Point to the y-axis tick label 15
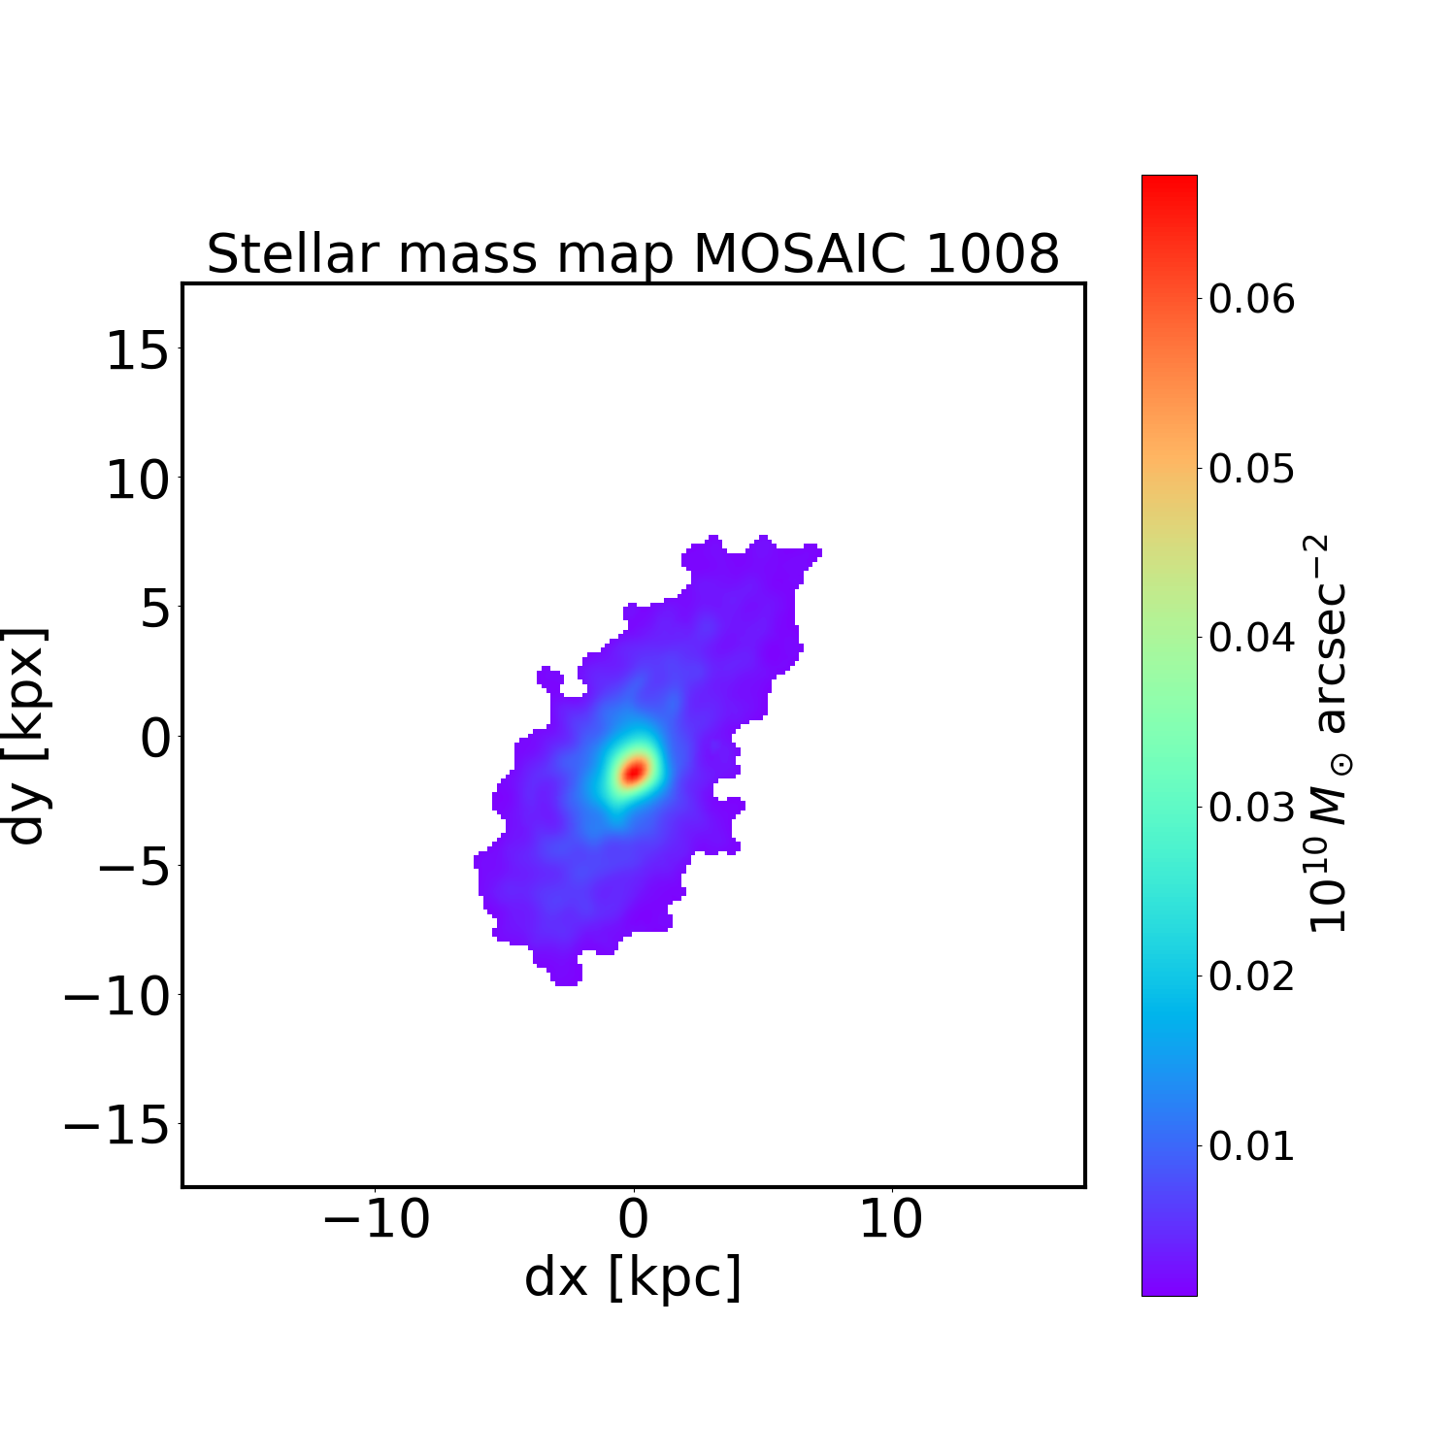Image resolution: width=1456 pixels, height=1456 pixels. (136, 350)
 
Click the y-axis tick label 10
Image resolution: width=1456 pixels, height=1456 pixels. (136, 480)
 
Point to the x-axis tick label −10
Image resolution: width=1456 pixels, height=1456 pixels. (376, 1219)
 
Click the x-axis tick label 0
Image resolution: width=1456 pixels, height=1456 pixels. (633, 1219)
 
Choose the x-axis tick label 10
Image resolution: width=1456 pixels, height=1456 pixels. (891, 1219)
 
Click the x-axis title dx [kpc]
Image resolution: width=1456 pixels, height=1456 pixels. (633, 1276)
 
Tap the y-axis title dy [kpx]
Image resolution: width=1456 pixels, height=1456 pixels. (26, 735)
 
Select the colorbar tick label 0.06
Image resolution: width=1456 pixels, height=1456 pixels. (1251, 300)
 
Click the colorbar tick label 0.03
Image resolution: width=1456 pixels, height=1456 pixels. (1251, 808)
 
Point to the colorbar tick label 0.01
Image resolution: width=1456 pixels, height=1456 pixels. (1251, 1146)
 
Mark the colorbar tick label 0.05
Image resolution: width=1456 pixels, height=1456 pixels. (1251, 469)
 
